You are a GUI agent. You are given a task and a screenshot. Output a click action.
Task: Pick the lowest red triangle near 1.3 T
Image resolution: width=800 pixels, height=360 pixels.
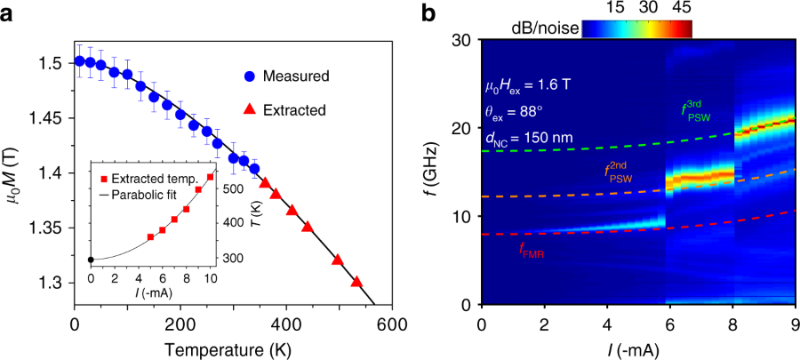pos(356,281)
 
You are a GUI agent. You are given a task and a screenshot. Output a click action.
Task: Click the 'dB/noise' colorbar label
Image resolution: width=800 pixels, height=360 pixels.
pos(554,28)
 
